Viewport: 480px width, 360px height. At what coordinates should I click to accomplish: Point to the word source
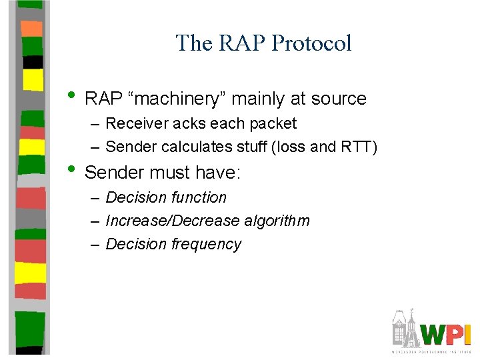[x=338, y=99]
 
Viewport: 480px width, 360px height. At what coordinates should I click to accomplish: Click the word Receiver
[x=135, y=124]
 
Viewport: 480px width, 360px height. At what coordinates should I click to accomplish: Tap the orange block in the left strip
[x=31, y=28]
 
